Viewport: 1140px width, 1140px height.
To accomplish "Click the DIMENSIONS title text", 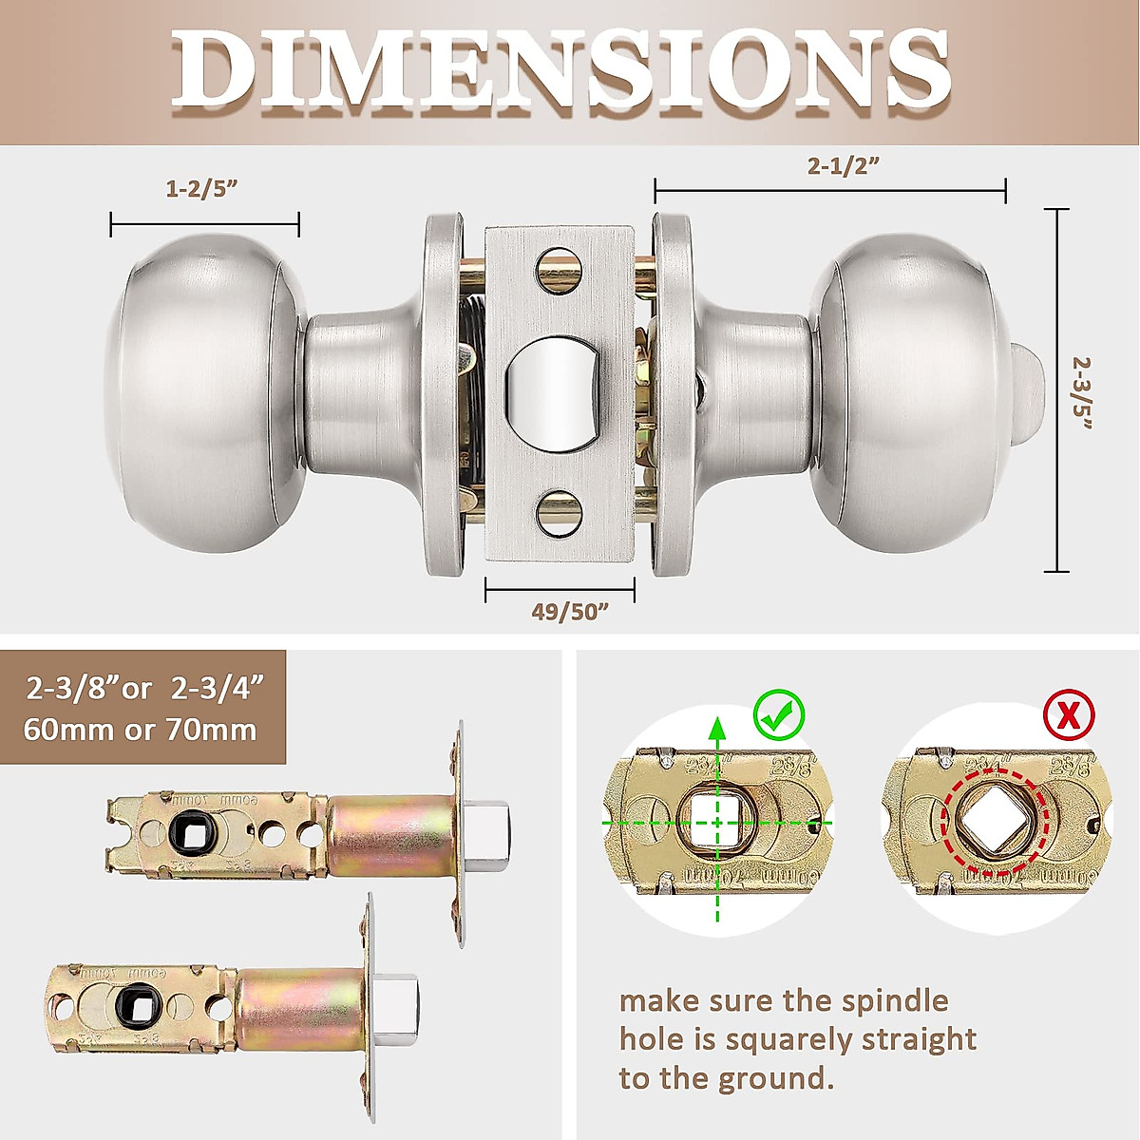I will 561,71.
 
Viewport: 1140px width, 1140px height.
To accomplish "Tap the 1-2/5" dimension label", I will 201,188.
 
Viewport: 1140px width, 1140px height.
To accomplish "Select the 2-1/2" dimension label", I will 843,165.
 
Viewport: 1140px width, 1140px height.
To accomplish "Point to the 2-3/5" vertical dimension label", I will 1082,392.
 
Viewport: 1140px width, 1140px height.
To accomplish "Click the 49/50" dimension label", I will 569,611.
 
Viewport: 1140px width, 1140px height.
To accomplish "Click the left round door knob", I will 203,393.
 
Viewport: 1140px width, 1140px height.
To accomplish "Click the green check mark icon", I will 779,716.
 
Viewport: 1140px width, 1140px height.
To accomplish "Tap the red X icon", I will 1069,715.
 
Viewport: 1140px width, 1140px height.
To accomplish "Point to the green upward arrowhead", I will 718,730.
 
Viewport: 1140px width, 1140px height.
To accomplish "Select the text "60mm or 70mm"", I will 141,730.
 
